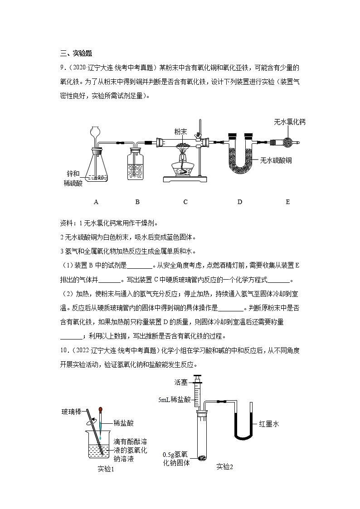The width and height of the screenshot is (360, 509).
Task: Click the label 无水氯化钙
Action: pyautogui.click(x=290, y=122)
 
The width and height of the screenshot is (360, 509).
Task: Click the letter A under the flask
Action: pyautogui.click(x=96, y=202)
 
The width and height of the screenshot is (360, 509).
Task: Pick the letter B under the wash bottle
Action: pyautogui.click(x=137, y=202)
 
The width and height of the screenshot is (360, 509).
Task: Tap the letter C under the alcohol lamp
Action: pyautogui.click(x=185, y=202)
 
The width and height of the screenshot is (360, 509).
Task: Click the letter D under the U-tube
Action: pyautogui.click(x=239, y=202)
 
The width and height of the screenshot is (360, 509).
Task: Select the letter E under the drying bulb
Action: pyautogui.click(x=287, y=202)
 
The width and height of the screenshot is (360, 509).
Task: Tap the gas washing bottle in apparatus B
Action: pyautogui.click(x=137, y=168)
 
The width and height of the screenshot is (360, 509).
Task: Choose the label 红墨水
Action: pyautogui.click(x=268, y=424)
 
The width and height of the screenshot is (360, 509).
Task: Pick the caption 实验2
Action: pyautogui.click(x=224, y=466)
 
